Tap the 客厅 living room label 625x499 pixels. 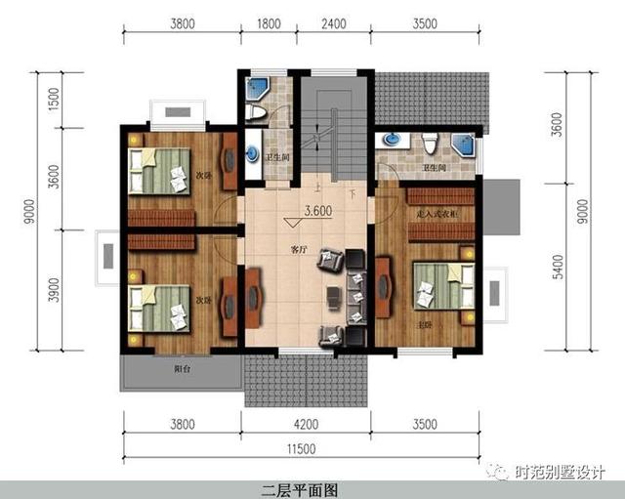299,249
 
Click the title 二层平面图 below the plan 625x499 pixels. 298,487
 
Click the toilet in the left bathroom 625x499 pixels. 257,112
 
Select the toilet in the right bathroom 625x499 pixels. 431,146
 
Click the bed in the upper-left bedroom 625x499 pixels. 162,170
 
